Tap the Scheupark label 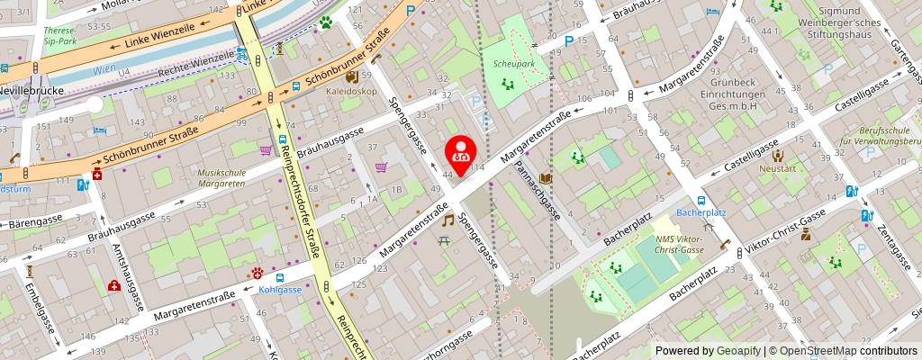point(515,64)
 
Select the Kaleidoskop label point(352,91)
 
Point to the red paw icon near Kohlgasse point(258,272)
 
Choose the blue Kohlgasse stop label point(280,290)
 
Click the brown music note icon point(447,219)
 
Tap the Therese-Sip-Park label point(59,35)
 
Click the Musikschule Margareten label point(222,177)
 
